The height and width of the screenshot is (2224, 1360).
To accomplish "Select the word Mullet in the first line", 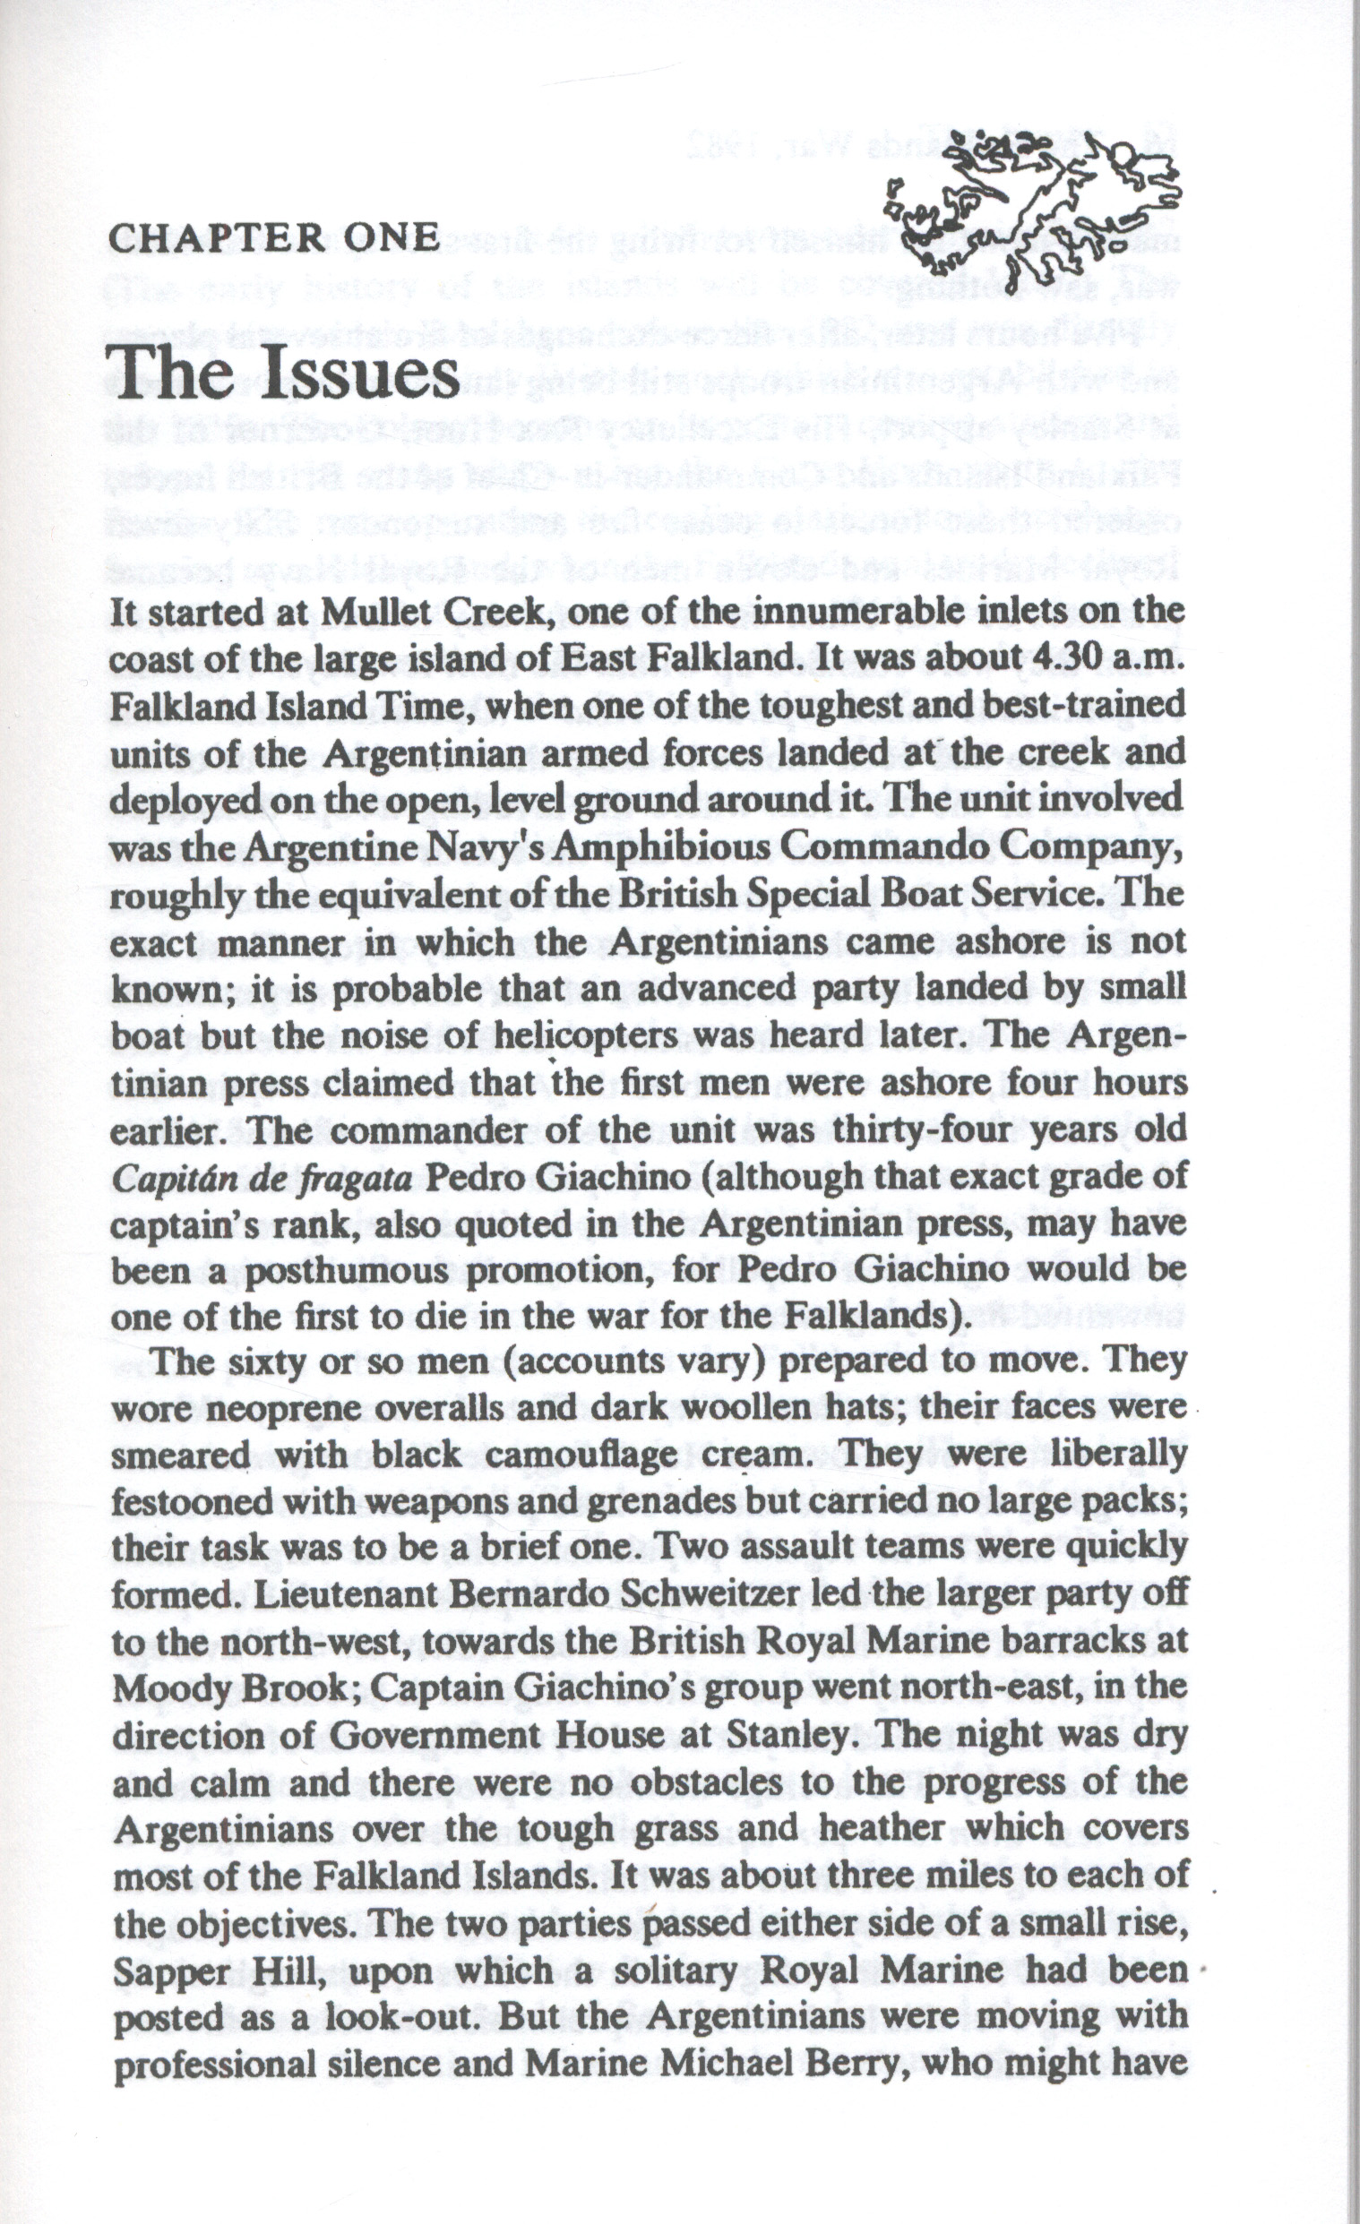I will tap(383, 613).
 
